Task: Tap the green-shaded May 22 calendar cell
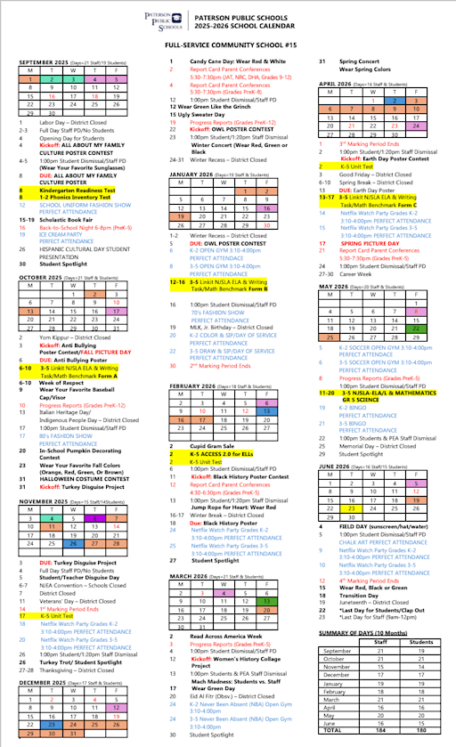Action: click(416, 328)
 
